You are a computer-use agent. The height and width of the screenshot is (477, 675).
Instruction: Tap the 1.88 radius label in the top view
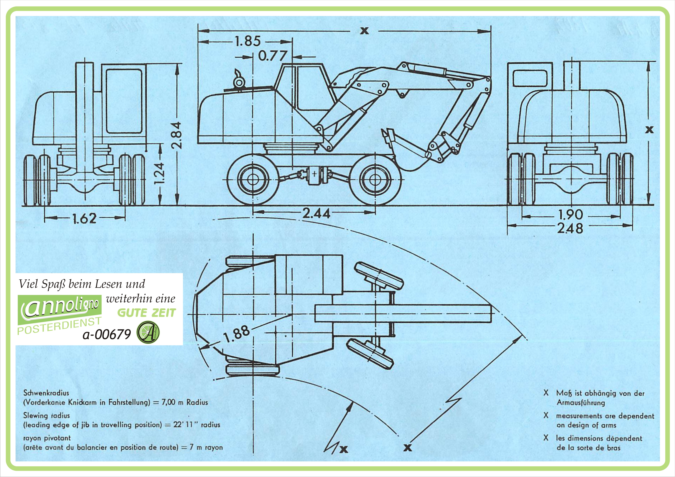[237, 334]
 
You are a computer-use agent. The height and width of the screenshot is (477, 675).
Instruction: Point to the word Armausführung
[581, 403]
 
